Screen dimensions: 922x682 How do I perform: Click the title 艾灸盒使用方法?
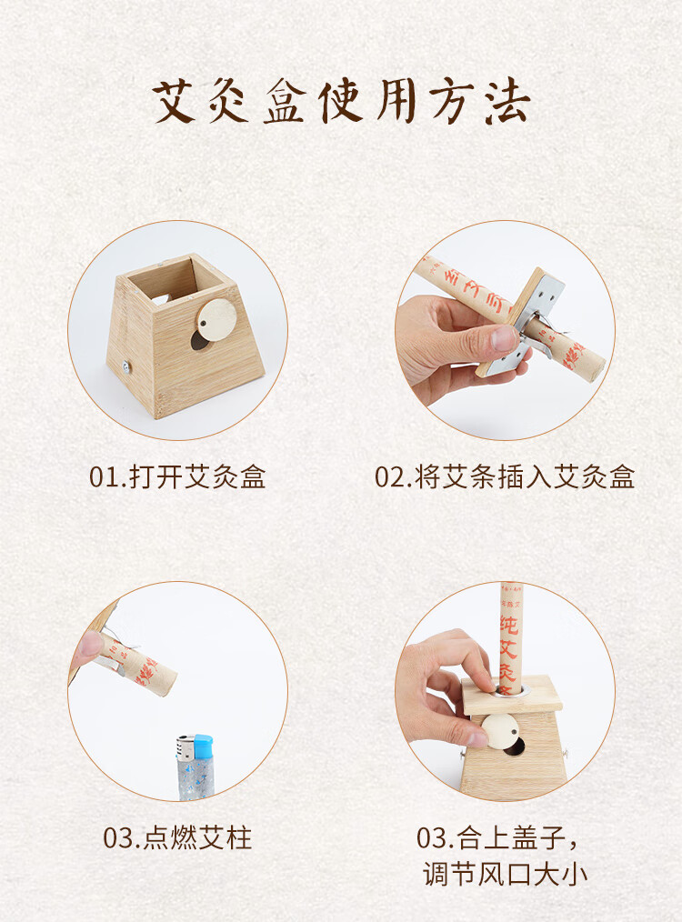tap(340, 103)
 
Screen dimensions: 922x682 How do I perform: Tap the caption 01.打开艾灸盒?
tap(177, 476)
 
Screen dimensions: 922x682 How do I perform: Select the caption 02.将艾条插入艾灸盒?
tap(505, 476)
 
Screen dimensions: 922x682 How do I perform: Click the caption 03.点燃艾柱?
tap(177, 837)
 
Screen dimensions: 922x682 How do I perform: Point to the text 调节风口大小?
tap(505, 875)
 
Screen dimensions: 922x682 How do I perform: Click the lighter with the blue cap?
tap(194, 768)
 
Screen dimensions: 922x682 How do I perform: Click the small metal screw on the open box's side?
tap(125, 367)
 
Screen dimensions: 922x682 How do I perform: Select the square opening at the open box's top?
tap(185, 279)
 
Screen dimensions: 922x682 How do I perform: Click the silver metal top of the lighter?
tap(186, 747)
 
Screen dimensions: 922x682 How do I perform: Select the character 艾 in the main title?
tap(176, 103)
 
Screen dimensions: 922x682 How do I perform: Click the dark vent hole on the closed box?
tap(517, 747)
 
